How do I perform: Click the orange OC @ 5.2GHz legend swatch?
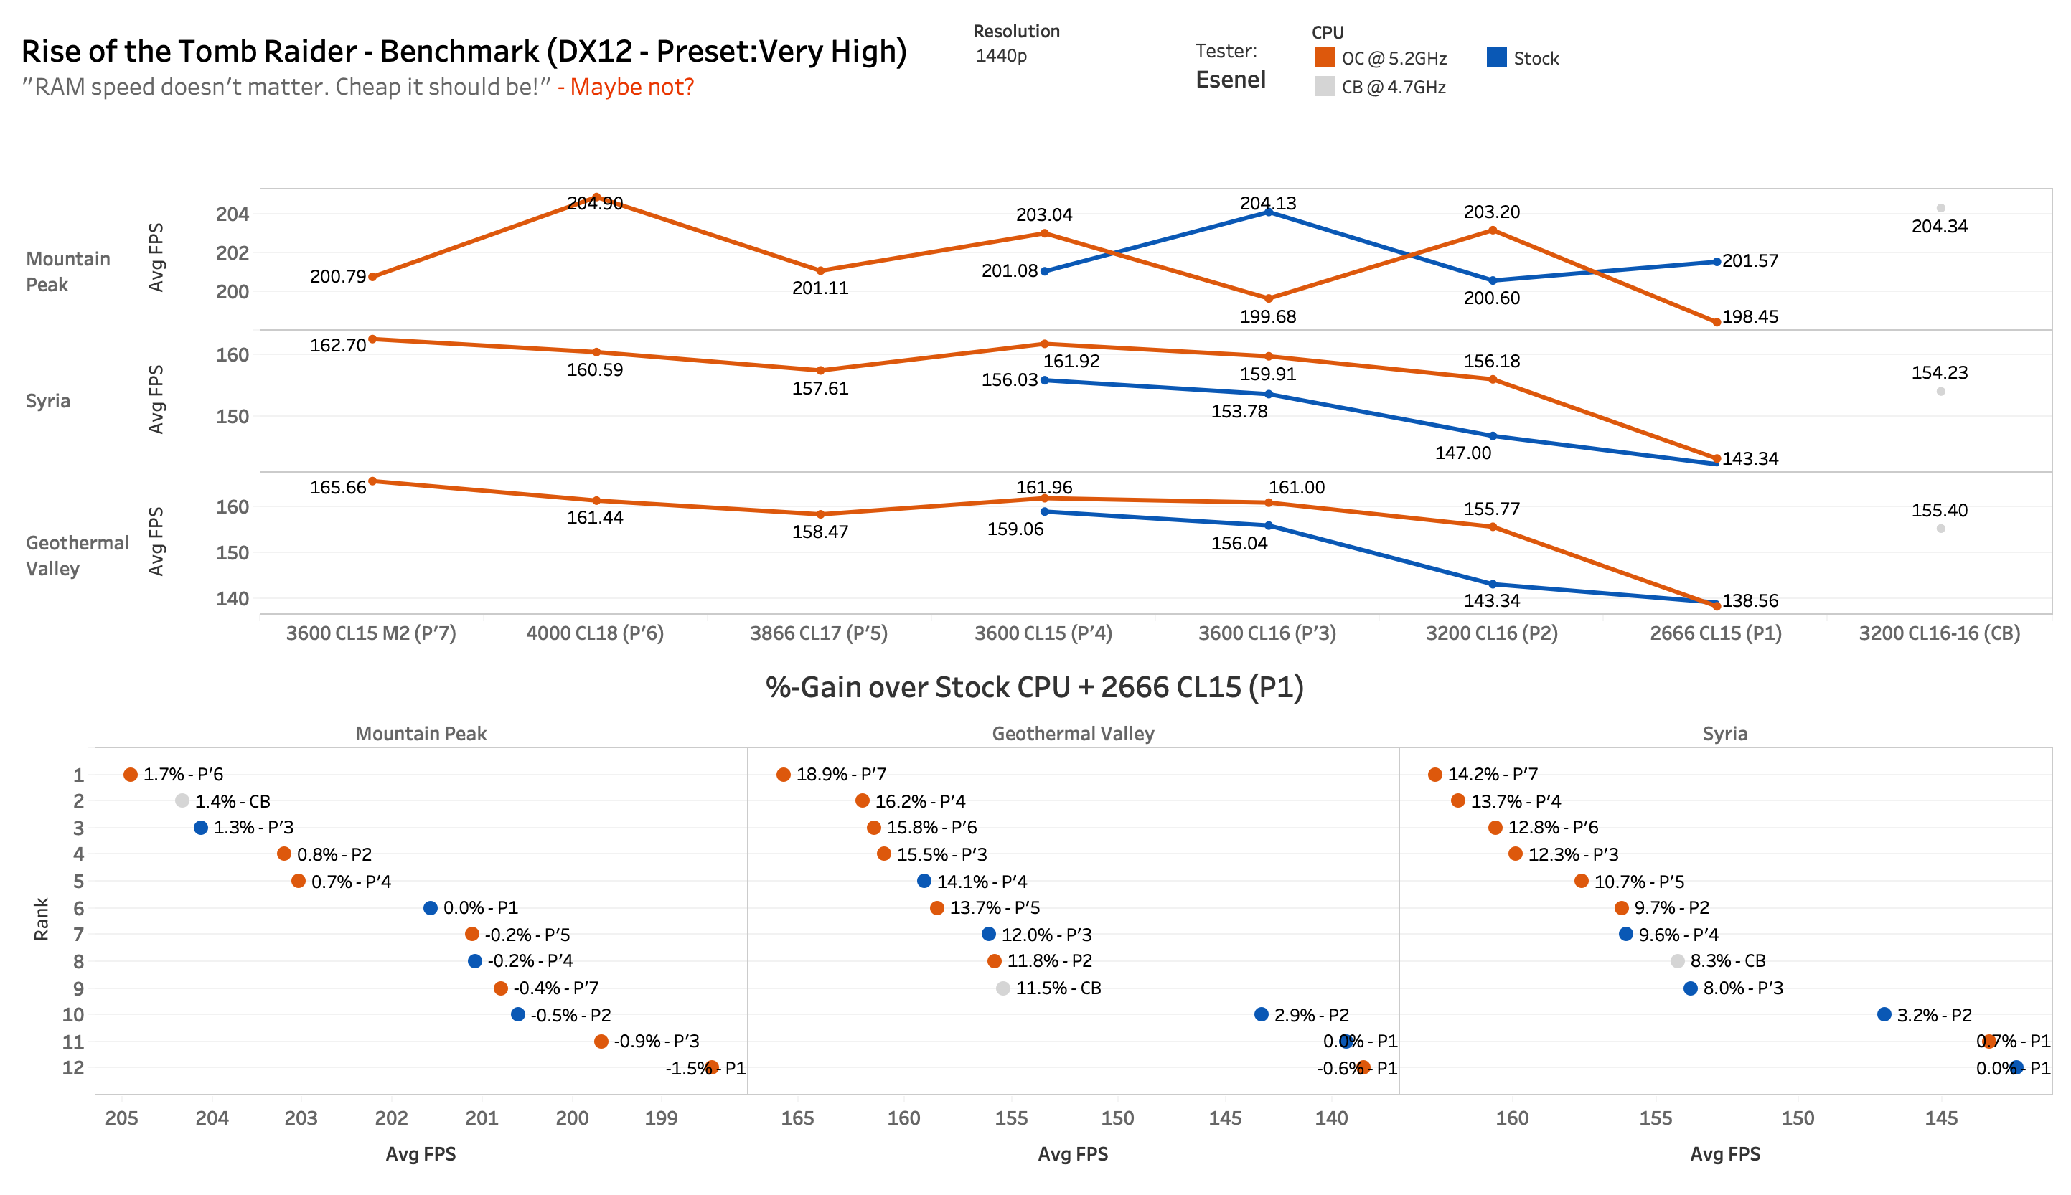[x=1323, y=57]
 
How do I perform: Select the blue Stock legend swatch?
[x=1495, y=57]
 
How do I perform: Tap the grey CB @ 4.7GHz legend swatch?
[x=1323, y=86]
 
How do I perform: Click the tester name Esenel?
[x=1230, y=80]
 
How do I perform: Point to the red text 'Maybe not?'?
[x=631, y=86]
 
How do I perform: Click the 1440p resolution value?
[x=1000, y=56]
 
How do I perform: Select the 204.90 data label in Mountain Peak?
[x=594, y=203]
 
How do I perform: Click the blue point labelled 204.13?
[x=1268, y=212]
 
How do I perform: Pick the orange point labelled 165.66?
[x=372, y=481]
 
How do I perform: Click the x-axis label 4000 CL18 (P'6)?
[x=594, y=633]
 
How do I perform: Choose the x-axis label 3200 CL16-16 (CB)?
[x=1939, y=633]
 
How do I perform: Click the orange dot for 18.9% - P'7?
[x=783, y=775]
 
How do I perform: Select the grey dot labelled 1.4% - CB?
[x=182, y=800]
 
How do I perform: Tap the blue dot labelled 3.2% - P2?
[x=1884, y=1014]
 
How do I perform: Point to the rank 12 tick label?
[x=73, y=1068]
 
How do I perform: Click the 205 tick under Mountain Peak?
[x=121, y=1118]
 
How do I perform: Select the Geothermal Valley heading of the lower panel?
[x=1072, y=733]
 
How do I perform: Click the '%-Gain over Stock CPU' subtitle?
[x=1034, y=687]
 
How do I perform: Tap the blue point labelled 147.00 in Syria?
[x=1493, y=436]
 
